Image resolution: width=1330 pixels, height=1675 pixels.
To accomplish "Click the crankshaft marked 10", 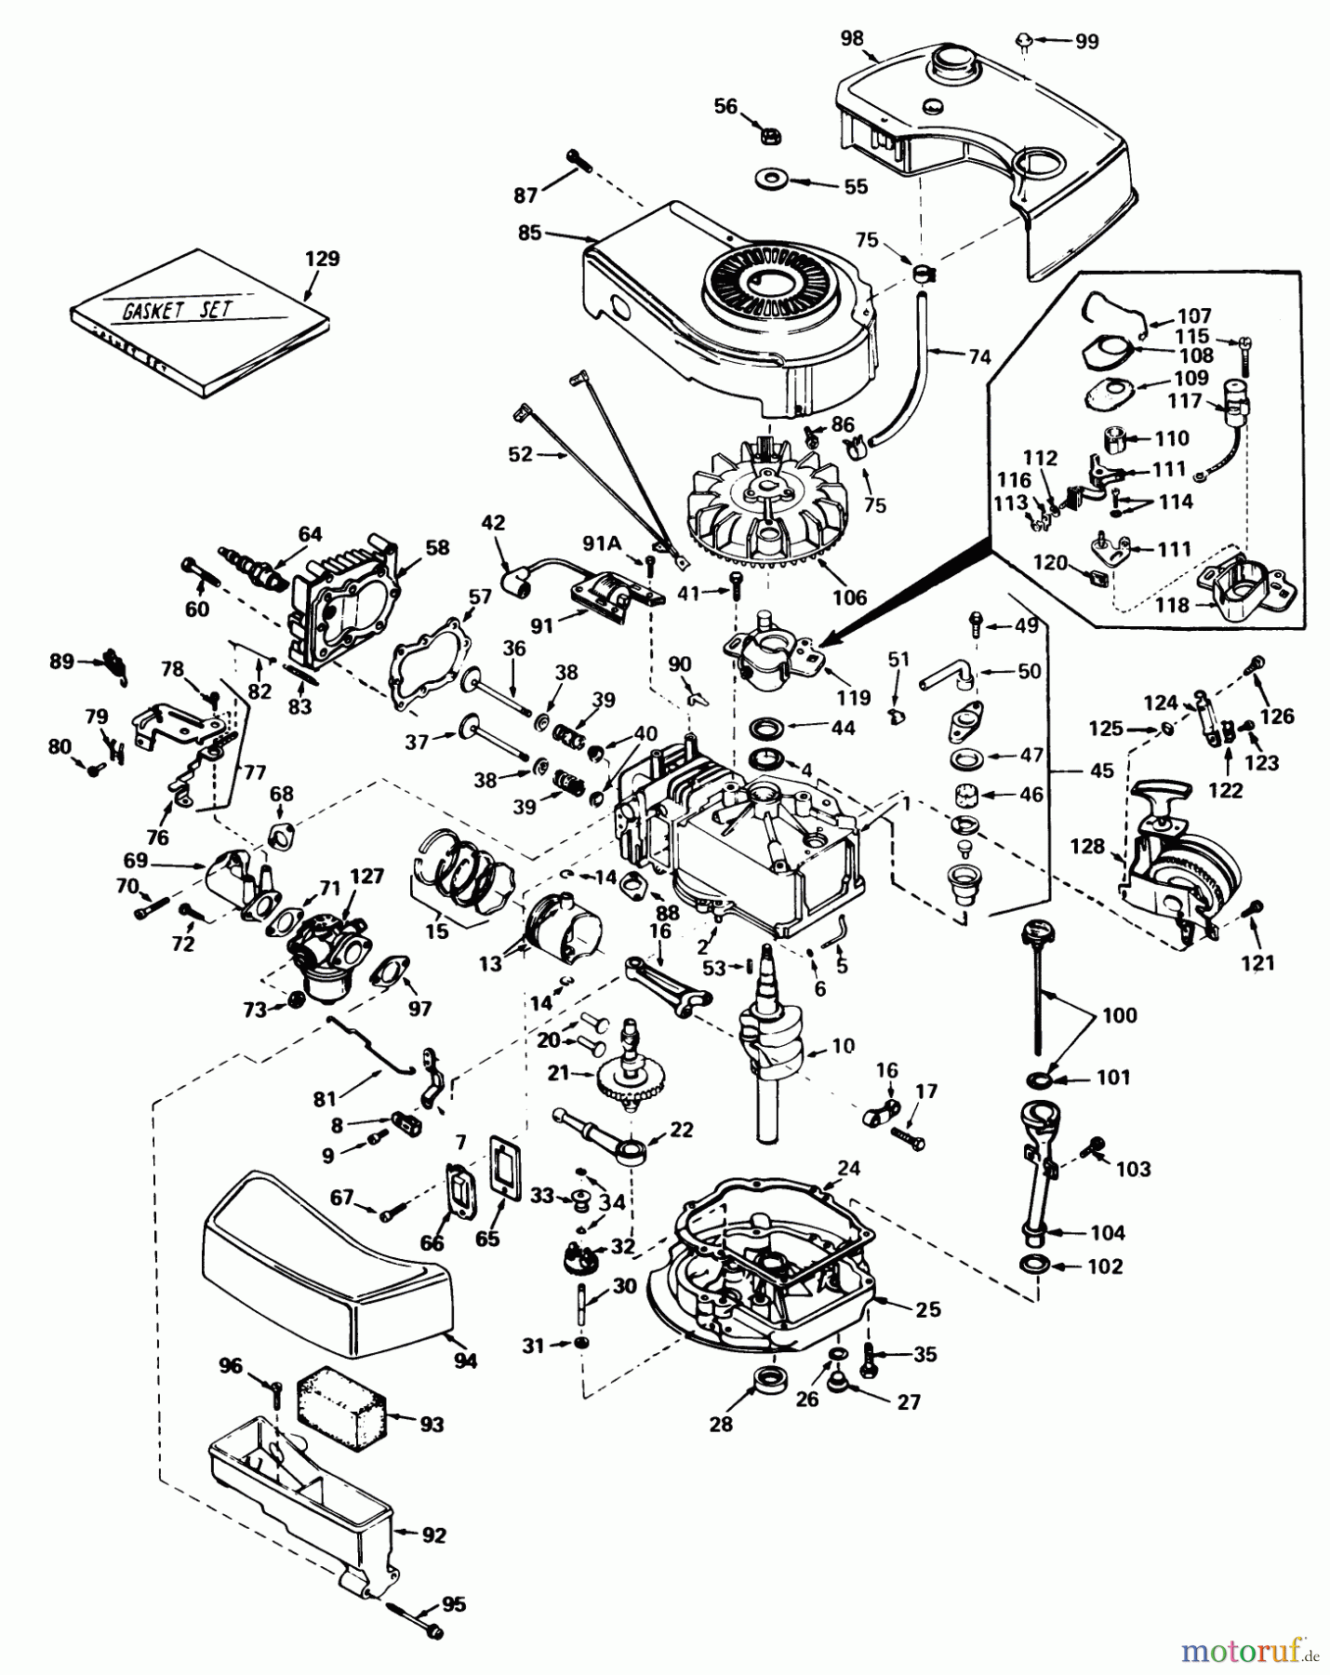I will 768,1042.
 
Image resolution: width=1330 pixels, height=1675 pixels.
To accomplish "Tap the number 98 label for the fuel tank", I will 852,38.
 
